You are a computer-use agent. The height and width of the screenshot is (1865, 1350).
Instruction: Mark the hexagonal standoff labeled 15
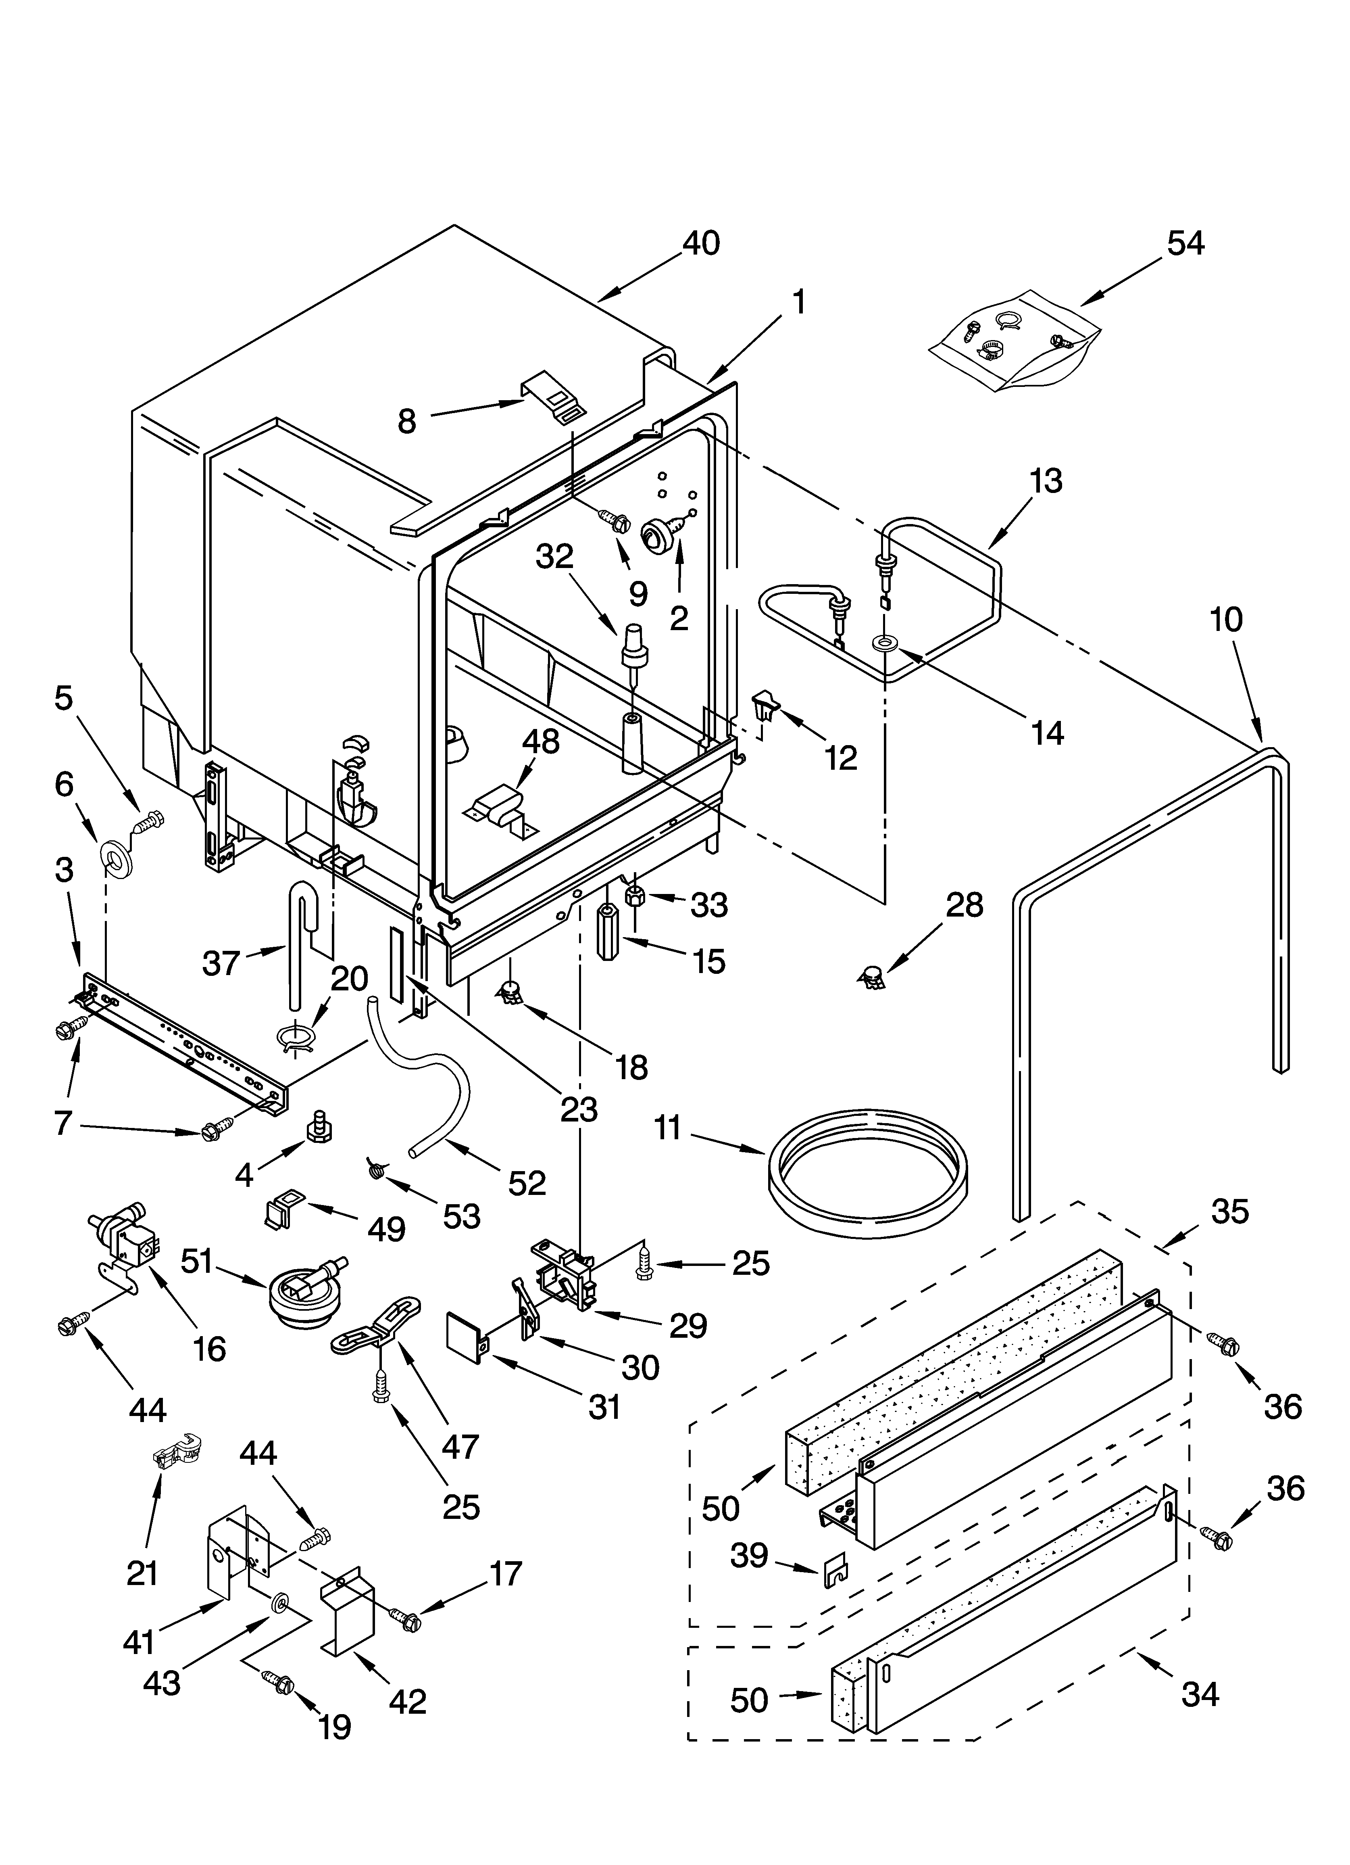tap(608, 931)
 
